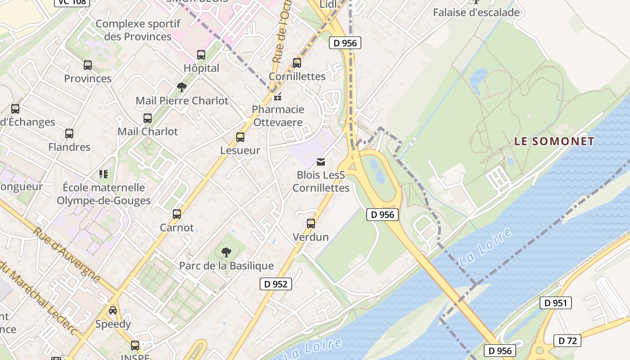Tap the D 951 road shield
point(555,303)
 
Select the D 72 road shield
point(567,341)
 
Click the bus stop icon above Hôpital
point(201,55)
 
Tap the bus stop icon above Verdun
point(310,223)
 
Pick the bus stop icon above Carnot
point(177,214)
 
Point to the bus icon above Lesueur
point(240,137)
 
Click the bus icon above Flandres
point(69,134)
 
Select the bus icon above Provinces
point(88,65)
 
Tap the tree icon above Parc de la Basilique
point(226,252)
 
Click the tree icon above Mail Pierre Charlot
point(182,87)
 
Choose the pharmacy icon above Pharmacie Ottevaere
point(278,96)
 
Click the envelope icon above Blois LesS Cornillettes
point(321,162)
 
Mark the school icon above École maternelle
point(103,174)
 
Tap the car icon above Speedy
point(113,310)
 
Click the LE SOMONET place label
point(554,141)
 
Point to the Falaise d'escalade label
point(476,13)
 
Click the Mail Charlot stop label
point(148,131)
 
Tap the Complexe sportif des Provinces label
point(138,30)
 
